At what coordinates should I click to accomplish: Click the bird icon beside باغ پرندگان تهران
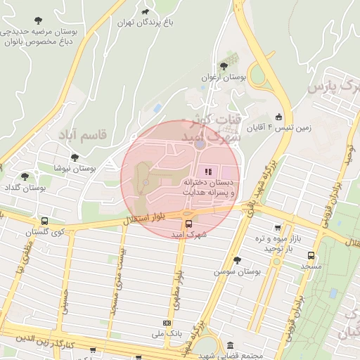click(x=146, y=11)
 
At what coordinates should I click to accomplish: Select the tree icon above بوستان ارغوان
click(x=224, y=65)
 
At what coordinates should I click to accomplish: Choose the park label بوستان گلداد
click(x=25, y=188)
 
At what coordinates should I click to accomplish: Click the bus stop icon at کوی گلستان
click(x=44, y=220)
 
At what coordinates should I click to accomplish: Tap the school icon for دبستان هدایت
click(x=207, y=172)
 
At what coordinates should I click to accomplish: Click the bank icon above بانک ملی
click(x=166, y=323)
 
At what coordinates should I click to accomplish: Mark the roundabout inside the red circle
click(x=200, y=144)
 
